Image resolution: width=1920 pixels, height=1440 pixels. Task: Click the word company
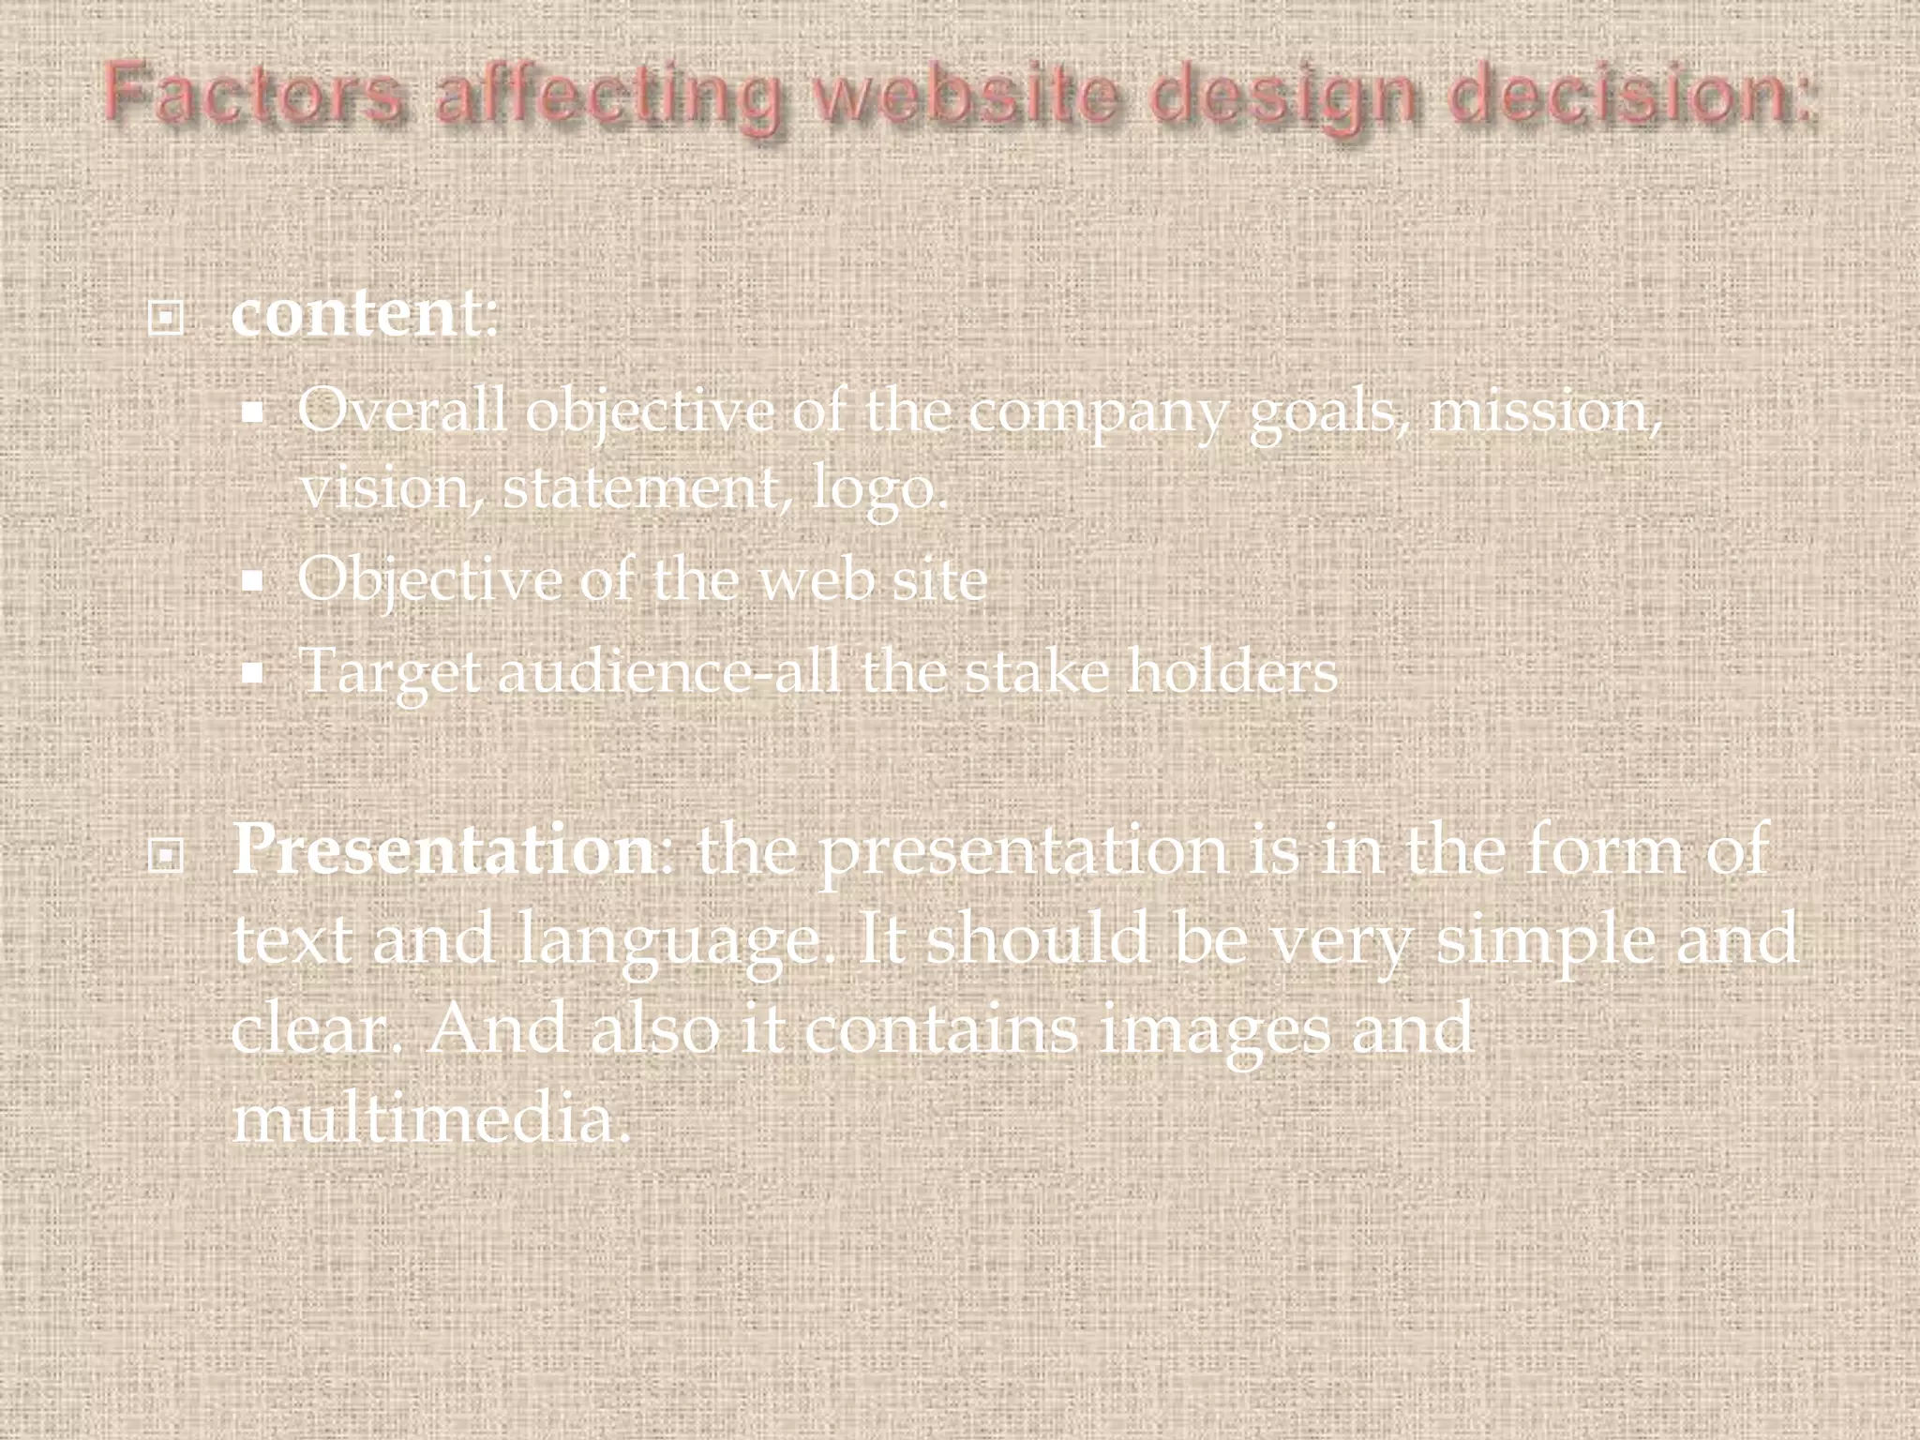1096,412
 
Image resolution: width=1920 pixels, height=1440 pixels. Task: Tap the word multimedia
430,1117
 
